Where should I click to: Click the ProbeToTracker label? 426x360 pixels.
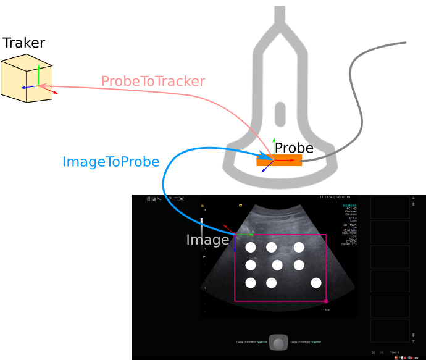tap(152, 82)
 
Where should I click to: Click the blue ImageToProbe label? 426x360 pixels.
tap(111, 162)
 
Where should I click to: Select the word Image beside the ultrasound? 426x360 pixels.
tap(207, 240)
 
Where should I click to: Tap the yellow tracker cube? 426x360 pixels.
tap(25, 78)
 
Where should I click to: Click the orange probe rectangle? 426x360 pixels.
tap(280, 160)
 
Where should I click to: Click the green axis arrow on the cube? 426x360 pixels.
tap(38, 73)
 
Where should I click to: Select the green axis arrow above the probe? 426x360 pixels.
tap(274, 145)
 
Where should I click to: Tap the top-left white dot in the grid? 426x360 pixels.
tap(251, 247)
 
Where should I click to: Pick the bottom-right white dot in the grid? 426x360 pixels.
tap(316, 283)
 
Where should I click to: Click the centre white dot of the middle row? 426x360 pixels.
tap(277, 265)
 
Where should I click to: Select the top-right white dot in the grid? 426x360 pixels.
tap(299, 247)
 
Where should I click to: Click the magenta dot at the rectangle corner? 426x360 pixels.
tap(326, 301)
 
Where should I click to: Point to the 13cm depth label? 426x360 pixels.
tap(327, 309)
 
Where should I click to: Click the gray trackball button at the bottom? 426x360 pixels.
tap(279, 343)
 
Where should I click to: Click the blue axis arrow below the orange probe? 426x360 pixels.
tap(265, 169)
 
